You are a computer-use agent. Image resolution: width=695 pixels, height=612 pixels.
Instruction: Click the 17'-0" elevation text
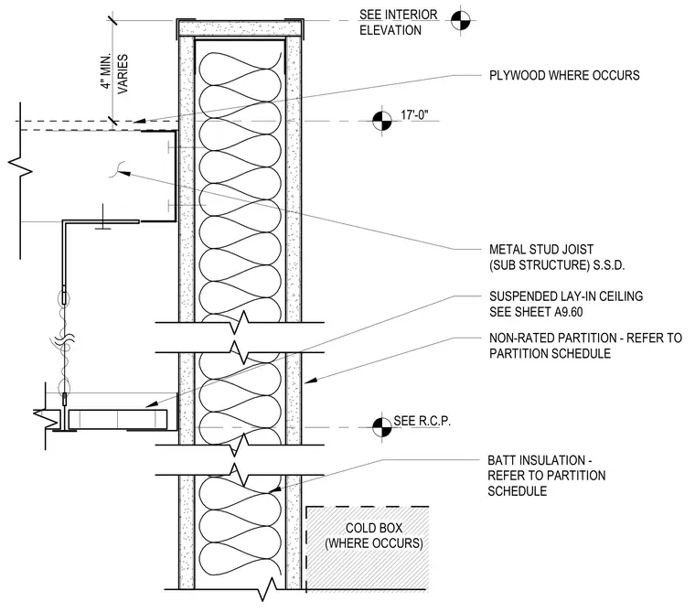click(x=414, y=115)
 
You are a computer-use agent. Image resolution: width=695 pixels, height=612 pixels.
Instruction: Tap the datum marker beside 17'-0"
click(x=382, y=121)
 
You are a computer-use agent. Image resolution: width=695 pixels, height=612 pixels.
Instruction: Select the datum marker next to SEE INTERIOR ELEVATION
click(x=461, y=20)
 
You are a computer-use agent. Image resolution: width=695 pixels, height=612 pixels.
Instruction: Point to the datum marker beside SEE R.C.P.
click(x=382, y=427)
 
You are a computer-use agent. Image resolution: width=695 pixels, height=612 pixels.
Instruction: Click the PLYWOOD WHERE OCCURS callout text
click(x=564, y=75)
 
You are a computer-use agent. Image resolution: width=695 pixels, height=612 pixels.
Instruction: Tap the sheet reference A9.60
click(x=567, y=312)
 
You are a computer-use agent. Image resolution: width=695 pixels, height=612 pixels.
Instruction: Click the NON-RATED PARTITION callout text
click(x=585, y=346)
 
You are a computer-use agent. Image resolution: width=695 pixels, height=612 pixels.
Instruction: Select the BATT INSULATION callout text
click(x=547, y=476)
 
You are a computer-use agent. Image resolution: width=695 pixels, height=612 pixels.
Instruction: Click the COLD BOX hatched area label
click(x=374, y=536)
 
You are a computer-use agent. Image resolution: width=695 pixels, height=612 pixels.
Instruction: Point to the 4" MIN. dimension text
click(x=105, y=71)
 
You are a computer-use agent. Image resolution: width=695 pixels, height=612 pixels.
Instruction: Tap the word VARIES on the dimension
click(x=123, y=74)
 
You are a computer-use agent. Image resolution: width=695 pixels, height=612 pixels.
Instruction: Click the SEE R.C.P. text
click(x=422, y=421)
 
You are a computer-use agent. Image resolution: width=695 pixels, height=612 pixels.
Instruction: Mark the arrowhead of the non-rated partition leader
click(x=309, y=381)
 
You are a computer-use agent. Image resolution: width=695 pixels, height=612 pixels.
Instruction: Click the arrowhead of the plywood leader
click(x=139, y=120)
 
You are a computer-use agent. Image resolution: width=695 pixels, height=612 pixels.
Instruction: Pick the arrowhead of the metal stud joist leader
click(x=124, y=173)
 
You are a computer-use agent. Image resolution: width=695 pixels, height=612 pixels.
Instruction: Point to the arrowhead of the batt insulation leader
click(x=275, y=489)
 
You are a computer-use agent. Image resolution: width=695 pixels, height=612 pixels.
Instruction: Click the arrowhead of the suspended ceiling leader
click(x=152, y=404)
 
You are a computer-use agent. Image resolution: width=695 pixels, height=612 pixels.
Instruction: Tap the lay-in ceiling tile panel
click(x=118, y=420)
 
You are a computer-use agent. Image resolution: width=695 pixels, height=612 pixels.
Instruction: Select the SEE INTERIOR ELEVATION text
click(x=399, y=23)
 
